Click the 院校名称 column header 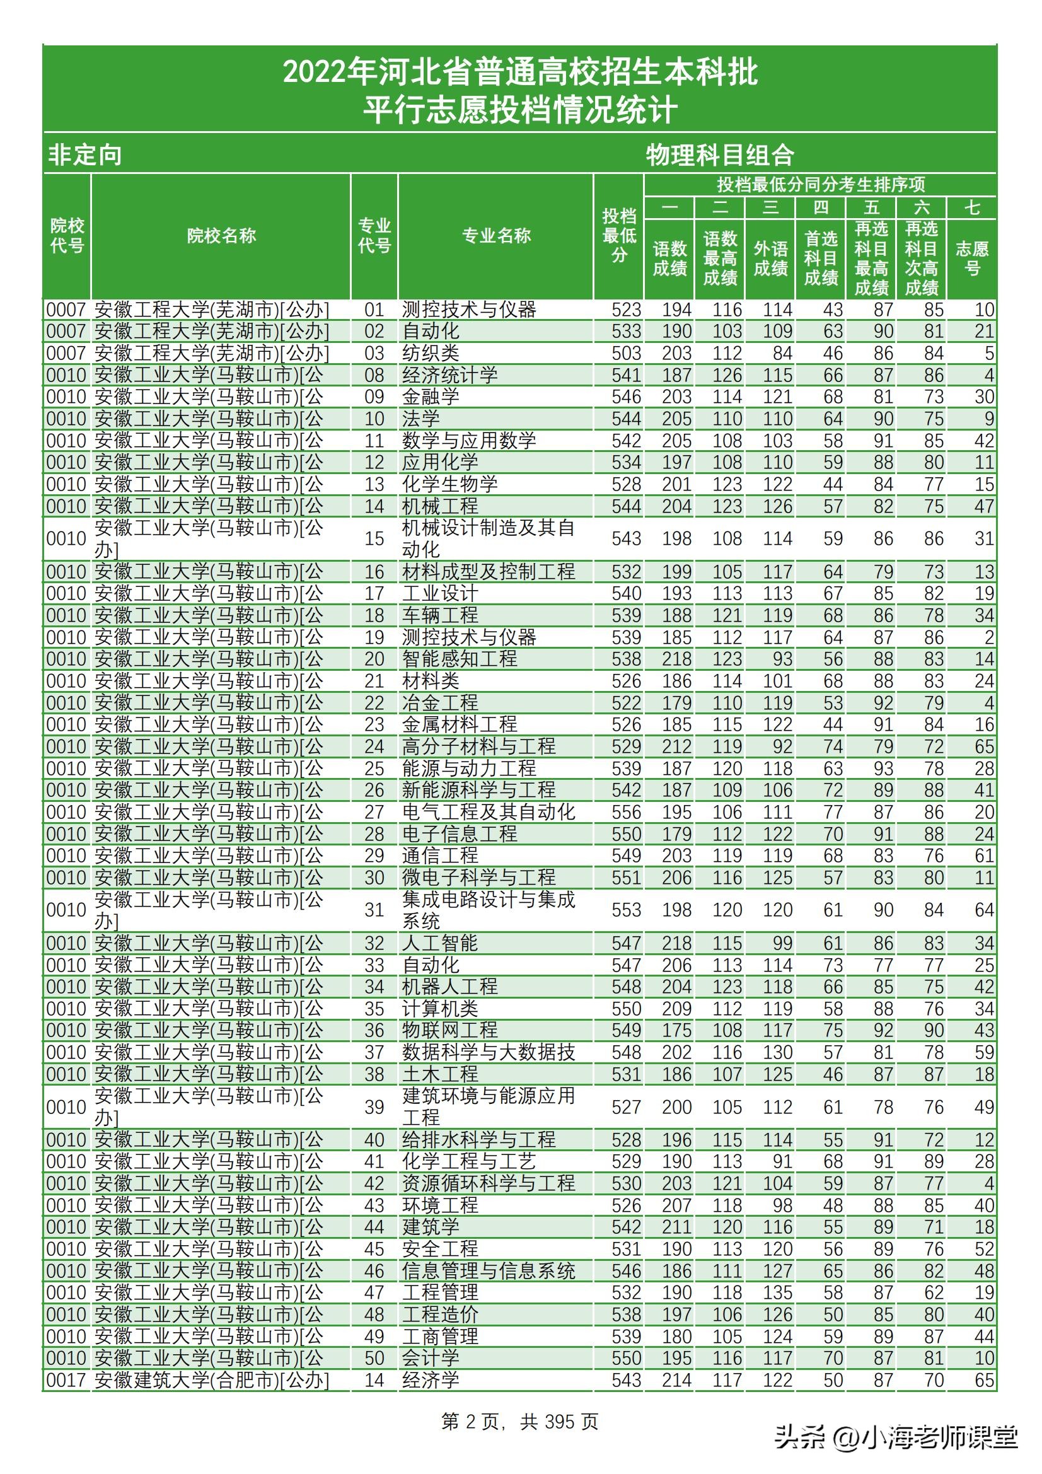pos(221,236)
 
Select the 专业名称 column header pos(496,236)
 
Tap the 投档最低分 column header pos(619,236)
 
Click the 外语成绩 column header pos(770,258)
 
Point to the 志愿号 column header pos(972,258)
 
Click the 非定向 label pos(84,155)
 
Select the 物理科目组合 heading pos(720,155)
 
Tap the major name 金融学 pos(430,397)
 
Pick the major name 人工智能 pos(440,943)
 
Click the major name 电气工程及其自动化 pos(488,812)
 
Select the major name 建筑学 pos(430,1227)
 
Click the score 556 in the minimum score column pos(626,812)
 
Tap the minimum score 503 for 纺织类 pos(626,353)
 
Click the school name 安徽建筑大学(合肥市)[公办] pos(211,1380)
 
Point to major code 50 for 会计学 pos(374,1359)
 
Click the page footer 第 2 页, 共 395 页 pos(520,1421)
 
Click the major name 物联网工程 pos(449,1030)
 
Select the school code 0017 pos(66,1380)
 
